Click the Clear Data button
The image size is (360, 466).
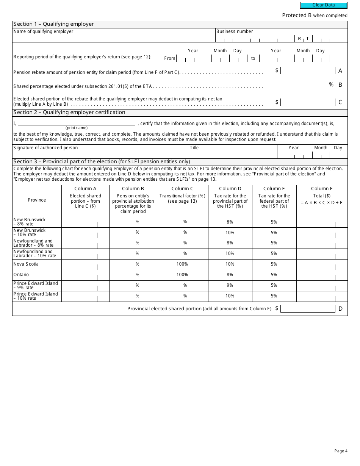(324, 5)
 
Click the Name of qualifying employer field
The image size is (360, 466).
(114, 37)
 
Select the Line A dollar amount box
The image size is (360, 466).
(302, 70)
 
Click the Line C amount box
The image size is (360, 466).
(302, 102)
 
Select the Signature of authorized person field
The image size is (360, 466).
(100, 153)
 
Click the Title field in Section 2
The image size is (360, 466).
(232, 153)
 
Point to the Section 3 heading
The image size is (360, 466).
(102, 162)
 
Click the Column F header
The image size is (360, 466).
(322, 189)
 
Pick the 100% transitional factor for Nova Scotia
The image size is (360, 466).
(182, 264)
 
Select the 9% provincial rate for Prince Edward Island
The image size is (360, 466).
(230, 285)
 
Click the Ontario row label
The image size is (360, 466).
(21, 275)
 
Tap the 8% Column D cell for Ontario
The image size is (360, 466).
(230, 275)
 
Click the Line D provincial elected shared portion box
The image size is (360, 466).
(302, 309)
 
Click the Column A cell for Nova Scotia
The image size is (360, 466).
(85, 264)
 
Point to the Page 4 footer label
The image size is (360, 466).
(341, 451)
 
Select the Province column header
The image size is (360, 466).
(37, 200)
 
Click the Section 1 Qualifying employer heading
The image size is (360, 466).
(53, 24)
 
